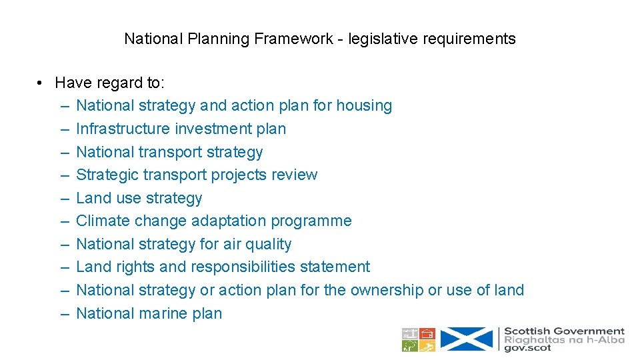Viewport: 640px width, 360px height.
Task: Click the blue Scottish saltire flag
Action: [x=467, y=339]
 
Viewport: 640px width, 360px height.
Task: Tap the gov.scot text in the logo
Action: [x=527, y=348]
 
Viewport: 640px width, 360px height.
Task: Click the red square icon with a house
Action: [x=427, y=333]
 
